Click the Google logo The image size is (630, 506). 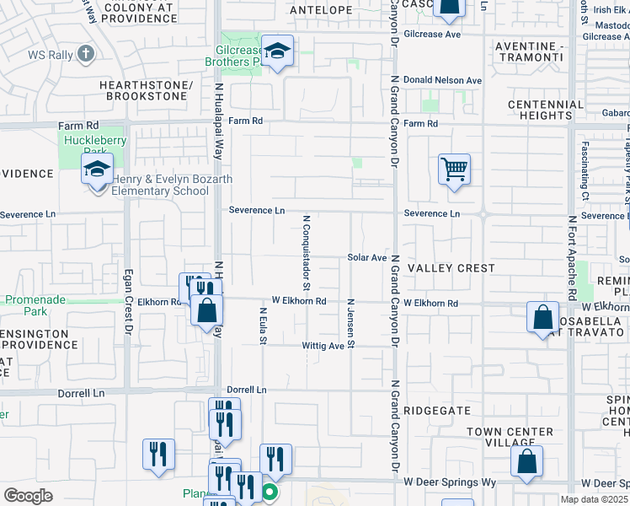coord(28,496)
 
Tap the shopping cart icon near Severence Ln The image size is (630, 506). coord(454,170)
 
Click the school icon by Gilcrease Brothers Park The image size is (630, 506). coord(276,51)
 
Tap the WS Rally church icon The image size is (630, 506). coord(85,55)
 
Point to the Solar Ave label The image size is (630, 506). coord(367,257)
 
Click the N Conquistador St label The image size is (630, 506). coord(307,249)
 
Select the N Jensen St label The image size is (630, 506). coord(351,322)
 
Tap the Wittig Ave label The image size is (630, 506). coord(324,346)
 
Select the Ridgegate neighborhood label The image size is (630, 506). coord(436,409)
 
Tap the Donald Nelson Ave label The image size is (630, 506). coord(442,80)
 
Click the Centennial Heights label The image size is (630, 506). coord(546,110)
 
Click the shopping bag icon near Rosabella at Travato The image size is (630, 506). coord(543,318)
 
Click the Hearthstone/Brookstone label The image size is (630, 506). coord(142,91)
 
